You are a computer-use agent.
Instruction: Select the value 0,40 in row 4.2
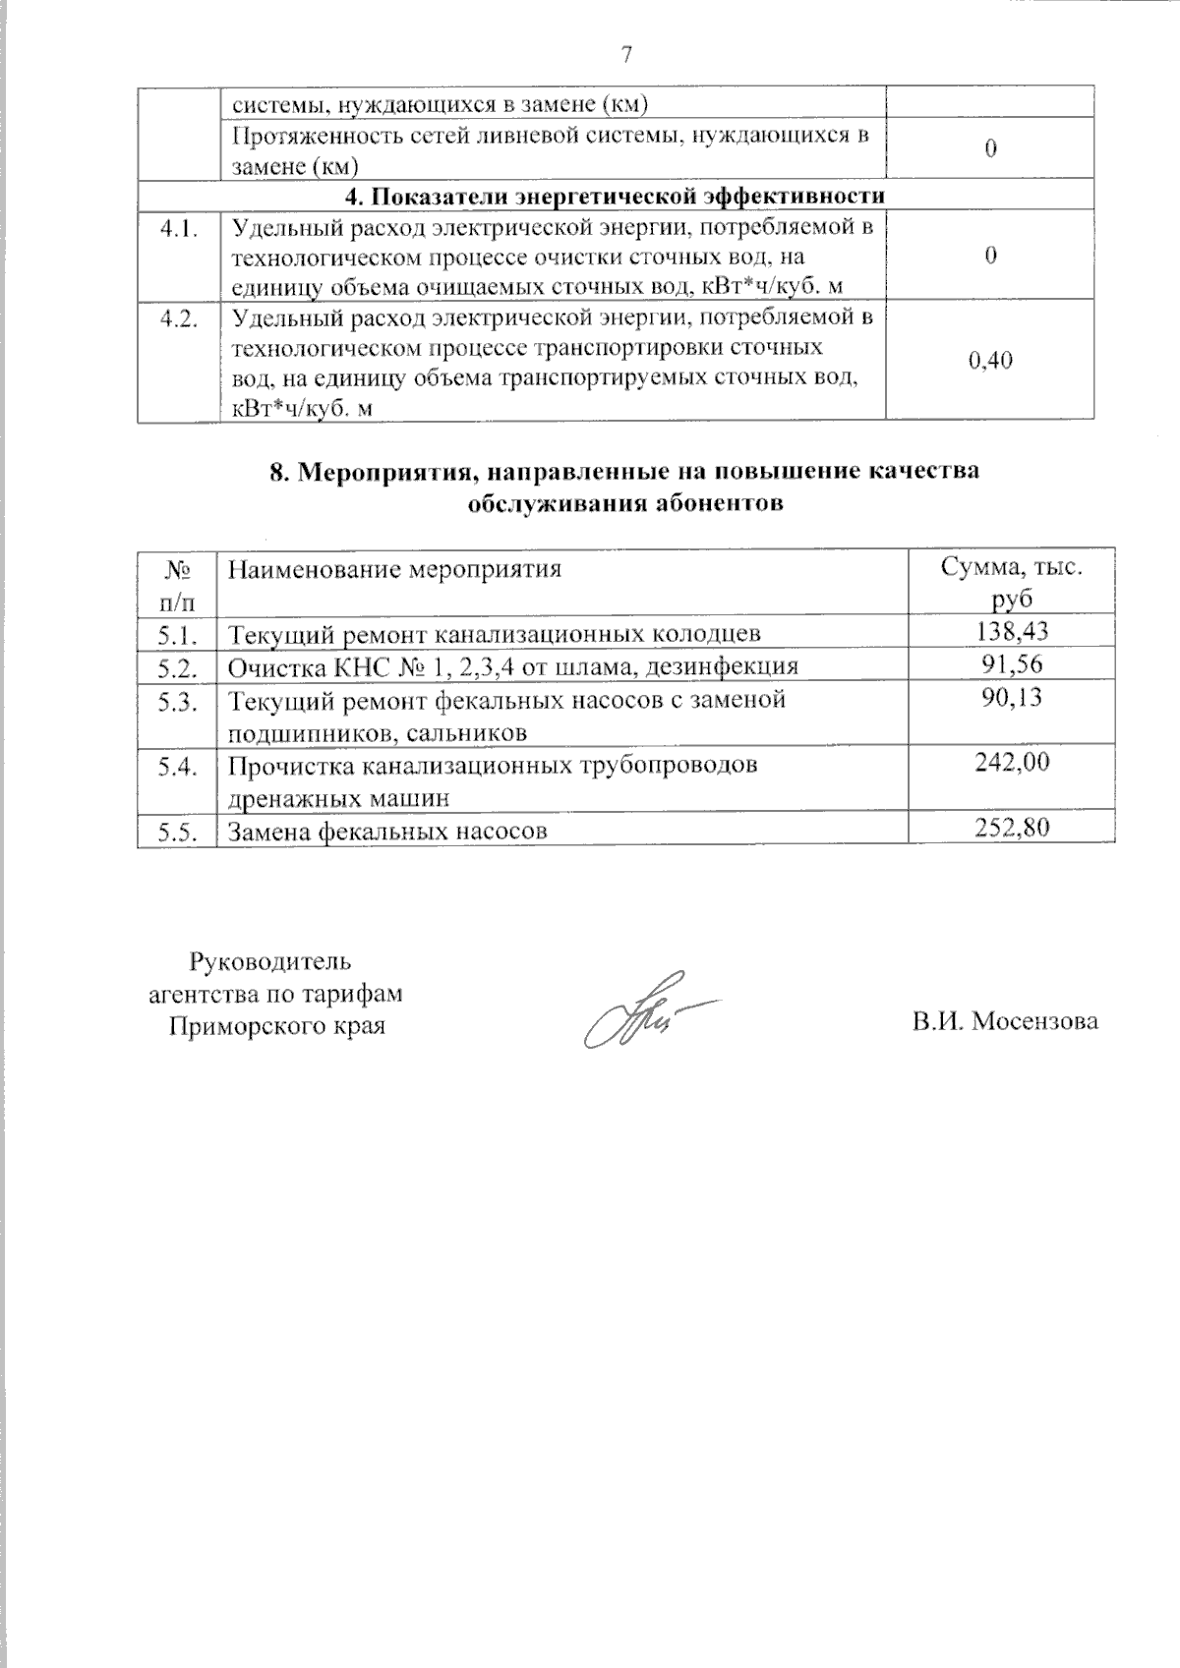(990, 361)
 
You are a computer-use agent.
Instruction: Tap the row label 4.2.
(179, 319)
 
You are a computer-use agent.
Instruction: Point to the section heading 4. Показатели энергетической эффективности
(615, 195)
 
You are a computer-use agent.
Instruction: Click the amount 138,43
(1012, 631)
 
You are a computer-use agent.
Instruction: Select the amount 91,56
(1012, 664)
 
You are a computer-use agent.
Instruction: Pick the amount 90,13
(1012, 697)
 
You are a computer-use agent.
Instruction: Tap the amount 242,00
(1012, 761)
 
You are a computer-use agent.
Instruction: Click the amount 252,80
(1012, 828)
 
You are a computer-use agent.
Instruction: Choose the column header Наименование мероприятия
(394, 569)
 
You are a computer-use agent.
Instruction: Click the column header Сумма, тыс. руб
(1012, 582)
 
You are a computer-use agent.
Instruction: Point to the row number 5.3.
(177, 701)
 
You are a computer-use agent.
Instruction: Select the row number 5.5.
(177, 831)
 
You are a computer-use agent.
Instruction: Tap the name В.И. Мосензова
(1004, 1021)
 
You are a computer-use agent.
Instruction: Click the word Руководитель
(269, 960)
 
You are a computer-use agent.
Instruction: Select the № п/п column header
(176, 583)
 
